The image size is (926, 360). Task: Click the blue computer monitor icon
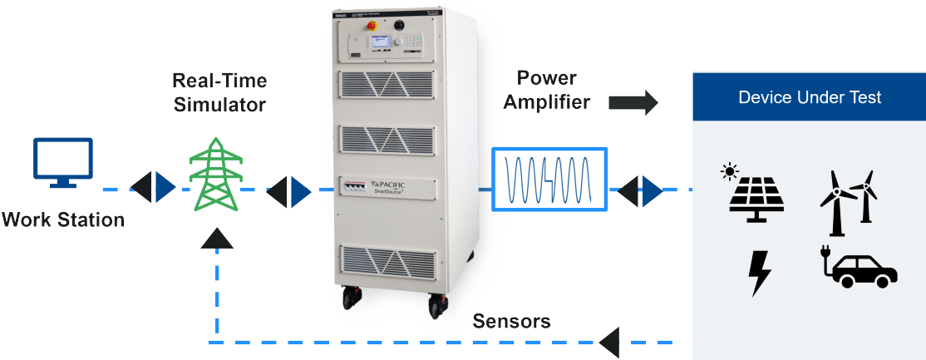coord(62,160)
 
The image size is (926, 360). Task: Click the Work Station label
coord(63,220)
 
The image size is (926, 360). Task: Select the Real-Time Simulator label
coord(219,92)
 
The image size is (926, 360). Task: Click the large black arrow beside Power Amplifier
coord(633,102)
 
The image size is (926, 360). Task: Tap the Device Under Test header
coord(810,97)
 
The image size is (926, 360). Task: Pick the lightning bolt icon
coord(759,272)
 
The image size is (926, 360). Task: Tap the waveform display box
coord(549,178)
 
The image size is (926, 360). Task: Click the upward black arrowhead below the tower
coord(217,239)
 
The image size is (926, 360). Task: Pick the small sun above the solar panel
coord(730,172)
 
